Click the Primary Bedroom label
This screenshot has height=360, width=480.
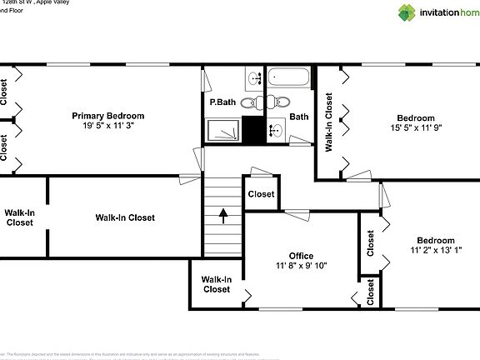click(x=107, y=116)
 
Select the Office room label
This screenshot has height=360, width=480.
click(x=301, y=256)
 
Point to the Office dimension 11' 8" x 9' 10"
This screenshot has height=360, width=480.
click(x=301, y=267)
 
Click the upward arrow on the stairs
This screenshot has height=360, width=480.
click(x=223, y=215)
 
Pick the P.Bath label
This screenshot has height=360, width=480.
click(x=222, y=102)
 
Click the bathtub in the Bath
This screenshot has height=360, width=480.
click(x=291, y=80)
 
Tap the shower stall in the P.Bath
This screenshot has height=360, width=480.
click(x=224, y=131)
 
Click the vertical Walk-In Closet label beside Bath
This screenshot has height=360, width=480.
click(x=329, y=121)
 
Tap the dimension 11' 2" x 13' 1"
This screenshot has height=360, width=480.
click(x=435, y=251)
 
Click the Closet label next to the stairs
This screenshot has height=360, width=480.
click(x=261, y=194)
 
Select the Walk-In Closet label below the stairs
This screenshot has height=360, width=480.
click(x=216, y=284)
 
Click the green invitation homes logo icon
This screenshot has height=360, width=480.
click(x=405, y=12)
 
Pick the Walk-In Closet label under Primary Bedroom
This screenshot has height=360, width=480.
click(x=125, y=217)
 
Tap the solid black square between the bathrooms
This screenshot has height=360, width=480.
click(x=252, y=131)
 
